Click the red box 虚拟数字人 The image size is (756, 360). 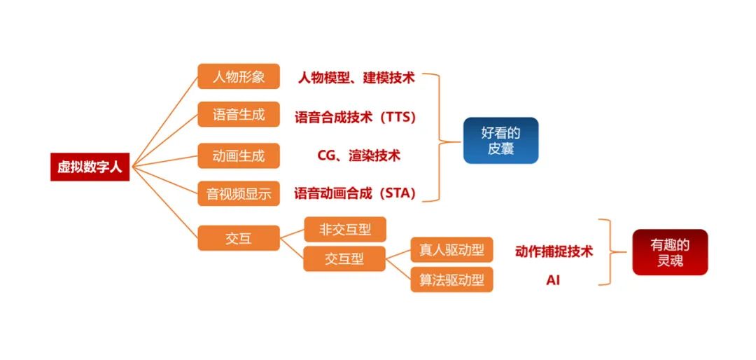pos(90,167)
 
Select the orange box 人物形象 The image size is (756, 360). pos(239,76)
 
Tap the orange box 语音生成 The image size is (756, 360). pos(239,114)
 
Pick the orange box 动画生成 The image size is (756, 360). pos(239,156)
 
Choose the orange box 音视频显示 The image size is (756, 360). pos(239,193)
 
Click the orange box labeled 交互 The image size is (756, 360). pos(239,238)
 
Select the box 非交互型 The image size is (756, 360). pos(345,229)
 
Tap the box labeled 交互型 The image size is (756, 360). pos(344,258)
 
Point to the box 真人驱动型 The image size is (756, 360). pos(451,250)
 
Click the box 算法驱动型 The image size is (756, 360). pos(451,279)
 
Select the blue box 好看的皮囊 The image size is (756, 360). pos(501,141)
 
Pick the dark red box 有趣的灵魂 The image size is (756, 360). pos(670,252)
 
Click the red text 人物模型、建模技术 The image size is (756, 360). pos(356,78)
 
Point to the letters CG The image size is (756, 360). pos(326,156)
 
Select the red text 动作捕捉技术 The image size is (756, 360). pos(554,251)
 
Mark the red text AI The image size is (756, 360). pos(553,280)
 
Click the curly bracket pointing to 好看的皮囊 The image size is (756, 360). pos(440,137)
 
